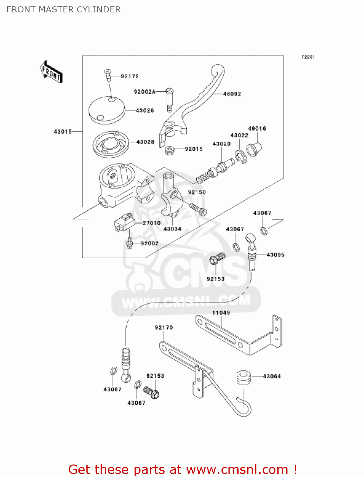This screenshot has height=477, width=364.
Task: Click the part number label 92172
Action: pyautogui.click(x=129, y=76)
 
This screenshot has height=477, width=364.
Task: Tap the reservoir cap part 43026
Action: pyautogui.click(x=107, y=110)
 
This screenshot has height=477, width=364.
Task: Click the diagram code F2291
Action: pyautogui.click(x=308, y=57)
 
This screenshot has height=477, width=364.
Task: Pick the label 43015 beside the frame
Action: pyautogui.click(x=63, y=132)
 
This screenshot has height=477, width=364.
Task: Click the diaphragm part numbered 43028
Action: pyautogui.click(x=111, y=144)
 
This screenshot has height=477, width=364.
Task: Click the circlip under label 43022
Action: pyautogui.click(x=241, y=157)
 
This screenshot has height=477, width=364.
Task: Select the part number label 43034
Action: pyautogui.click(x=172, y=229)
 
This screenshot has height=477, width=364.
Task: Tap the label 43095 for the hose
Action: pyautogui.click(x=275, y=255)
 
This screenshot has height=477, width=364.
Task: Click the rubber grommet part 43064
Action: pyautogui.click(x=244, y=377)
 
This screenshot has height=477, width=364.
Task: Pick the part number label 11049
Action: pyautogui.click(x=221, y=313)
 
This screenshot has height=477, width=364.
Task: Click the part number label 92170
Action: pyautogui.click(x=164, y=328)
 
